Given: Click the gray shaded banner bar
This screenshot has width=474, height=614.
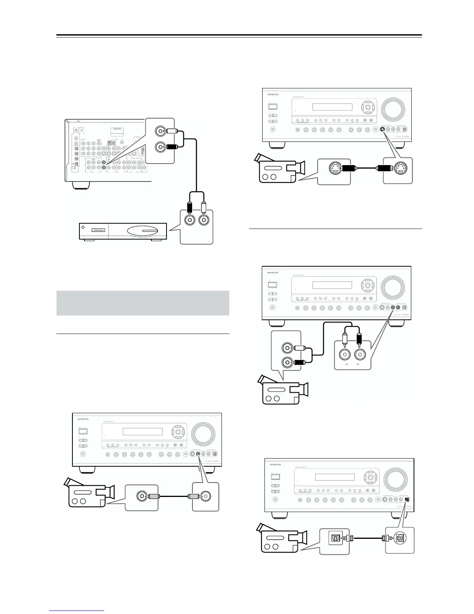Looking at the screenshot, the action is (x=143, y=303).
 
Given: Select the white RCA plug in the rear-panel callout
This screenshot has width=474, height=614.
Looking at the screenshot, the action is (x=171, y=131).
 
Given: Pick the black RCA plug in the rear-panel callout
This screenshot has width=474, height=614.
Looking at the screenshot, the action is (x=171, y=147).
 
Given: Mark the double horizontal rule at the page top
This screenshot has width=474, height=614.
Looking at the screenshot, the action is (x=239, y=36).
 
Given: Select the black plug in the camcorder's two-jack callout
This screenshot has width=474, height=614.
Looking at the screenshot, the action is (x=300, y=363).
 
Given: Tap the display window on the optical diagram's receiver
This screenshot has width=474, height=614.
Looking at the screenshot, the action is (x=335, y=477).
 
